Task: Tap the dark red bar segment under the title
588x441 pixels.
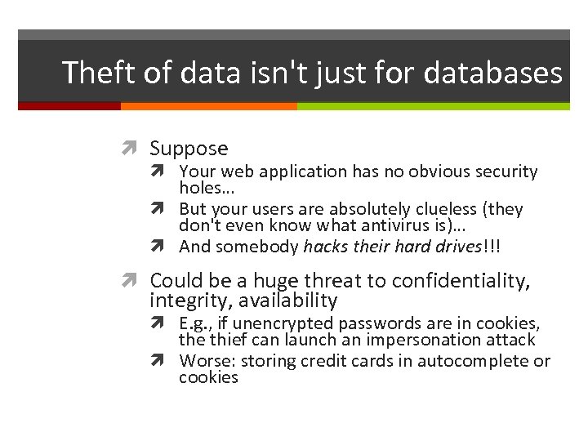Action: pos(69,106)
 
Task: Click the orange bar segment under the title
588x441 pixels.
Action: pos(208,106)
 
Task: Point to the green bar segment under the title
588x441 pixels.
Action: pos(433,106)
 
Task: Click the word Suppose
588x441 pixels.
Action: pos(189,149)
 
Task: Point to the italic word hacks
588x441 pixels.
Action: pos(326,247)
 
